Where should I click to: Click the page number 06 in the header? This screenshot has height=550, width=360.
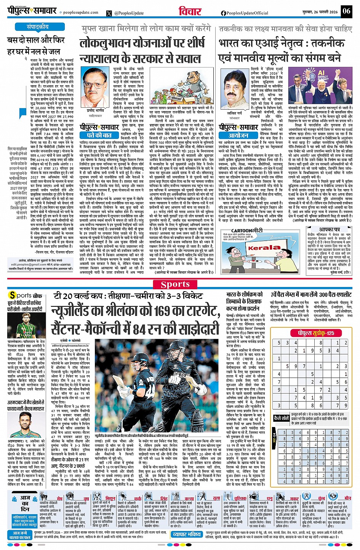pos(346,11)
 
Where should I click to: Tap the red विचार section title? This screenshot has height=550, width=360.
pos(190,11)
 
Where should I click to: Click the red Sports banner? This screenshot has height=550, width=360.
pos(175,284)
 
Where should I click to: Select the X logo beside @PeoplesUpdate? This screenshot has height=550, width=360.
pos(110,13)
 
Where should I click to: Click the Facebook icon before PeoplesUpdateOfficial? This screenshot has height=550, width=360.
pos(223,13)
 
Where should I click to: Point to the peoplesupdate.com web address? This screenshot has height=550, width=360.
pos(75,13)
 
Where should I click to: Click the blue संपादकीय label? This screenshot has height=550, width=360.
pos(38,27)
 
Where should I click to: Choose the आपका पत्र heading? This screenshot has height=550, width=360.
pos(330,230)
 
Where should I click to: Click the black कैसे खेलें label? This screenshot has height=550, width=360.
pos(282,418)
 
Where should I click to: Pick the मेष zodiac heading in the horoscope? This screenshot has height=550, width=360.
pos(59,498)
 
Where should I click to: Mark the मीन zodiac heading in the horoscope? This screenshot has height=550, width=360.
pos(347,498)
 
